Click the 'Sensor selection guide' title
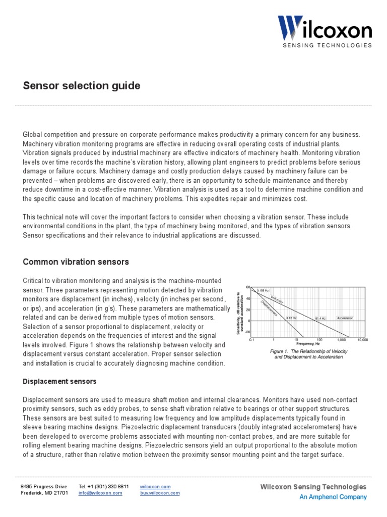click(82, 86)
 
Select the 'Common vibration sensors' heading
click(76, 262)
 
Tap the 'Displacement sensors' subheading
click(59, 381)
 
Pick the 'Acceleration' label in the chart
click(345, 318)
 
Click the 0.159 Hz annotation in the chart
click(263, 291)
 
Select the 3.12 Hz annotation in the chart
click(291, 318)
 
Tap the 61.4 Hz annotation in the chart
click(320, 318)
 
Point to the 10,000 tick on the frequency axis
click(362, 340)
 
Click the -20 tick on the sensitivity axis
click(247, 332)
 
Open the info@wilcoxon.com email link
click(100, 493)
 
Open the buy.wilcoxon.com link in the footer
click(160, 493)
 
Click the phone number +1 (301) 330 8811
click(103, 486)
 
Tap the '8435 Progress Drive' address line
click(43, 486)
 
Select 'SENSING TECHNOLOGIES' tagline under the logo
click(327, 45)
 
